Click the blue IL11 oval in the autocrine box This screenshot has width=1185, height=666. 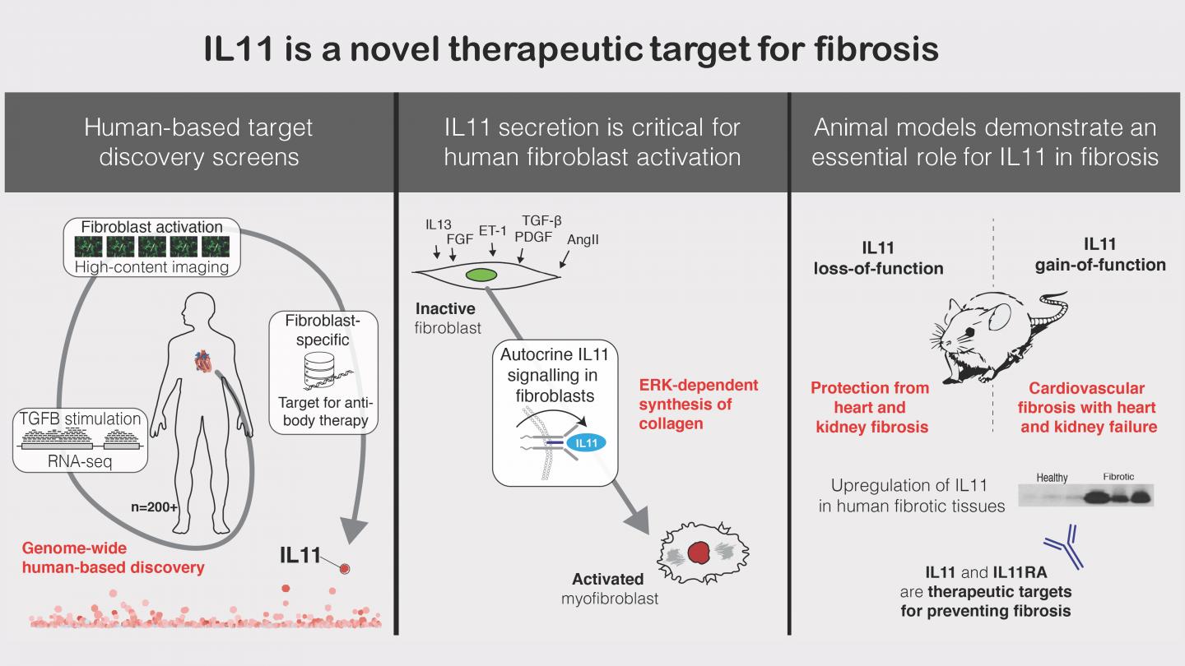point(586,443)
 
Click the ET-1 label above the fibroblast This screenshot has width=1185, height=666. point(492,231)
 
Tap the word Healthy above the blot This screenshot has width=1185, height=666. point(1052,478)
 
